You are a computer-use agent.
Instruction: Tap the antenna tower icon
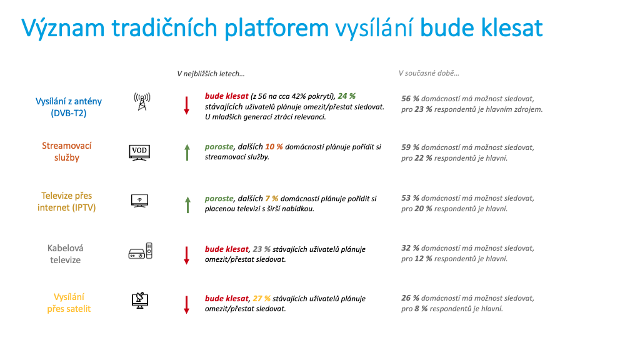142,101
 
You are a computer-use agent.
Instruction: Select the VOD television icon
139,152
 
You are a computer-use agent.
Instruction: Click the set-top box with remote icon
140,251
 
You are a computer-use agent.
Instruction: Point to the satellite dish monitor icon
140,300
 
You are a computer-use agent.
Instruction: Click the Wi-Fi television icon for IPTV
139,201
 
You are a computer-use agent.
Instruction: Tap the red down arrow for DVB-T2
186,106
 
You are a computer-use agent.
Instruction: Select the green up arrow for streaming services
187,152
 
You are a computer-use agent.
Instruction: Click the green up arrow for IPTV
187,204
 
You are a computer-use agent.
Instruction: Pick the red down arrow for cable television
186,255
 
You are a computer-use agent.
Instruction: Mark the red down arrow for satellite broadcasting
186,304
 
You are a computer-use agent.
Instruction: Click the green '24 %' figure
346,96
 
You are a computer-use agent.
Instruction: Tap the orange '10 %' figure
274,147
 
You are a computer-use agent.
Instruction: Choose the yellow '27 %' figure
261,299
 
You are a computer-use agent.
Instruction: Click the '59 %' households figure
410,147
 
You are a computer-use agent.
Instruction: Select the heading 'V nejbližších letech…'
211,74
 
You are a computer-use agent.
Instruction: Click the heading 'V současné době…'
429,73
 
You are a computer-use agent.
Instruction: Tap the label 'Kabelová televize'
66,254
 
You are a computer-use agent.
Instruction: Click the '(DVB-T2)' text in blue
69,113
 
